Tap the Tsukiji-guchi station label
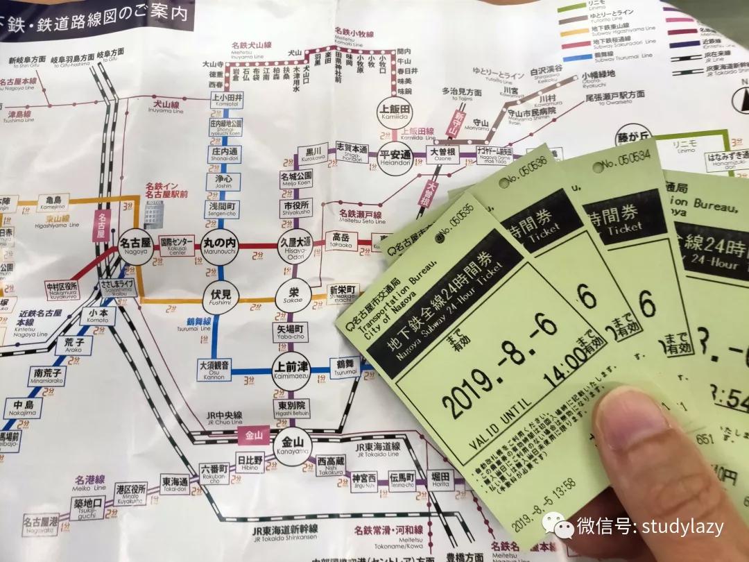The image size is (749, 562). [x=87, y=509]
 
